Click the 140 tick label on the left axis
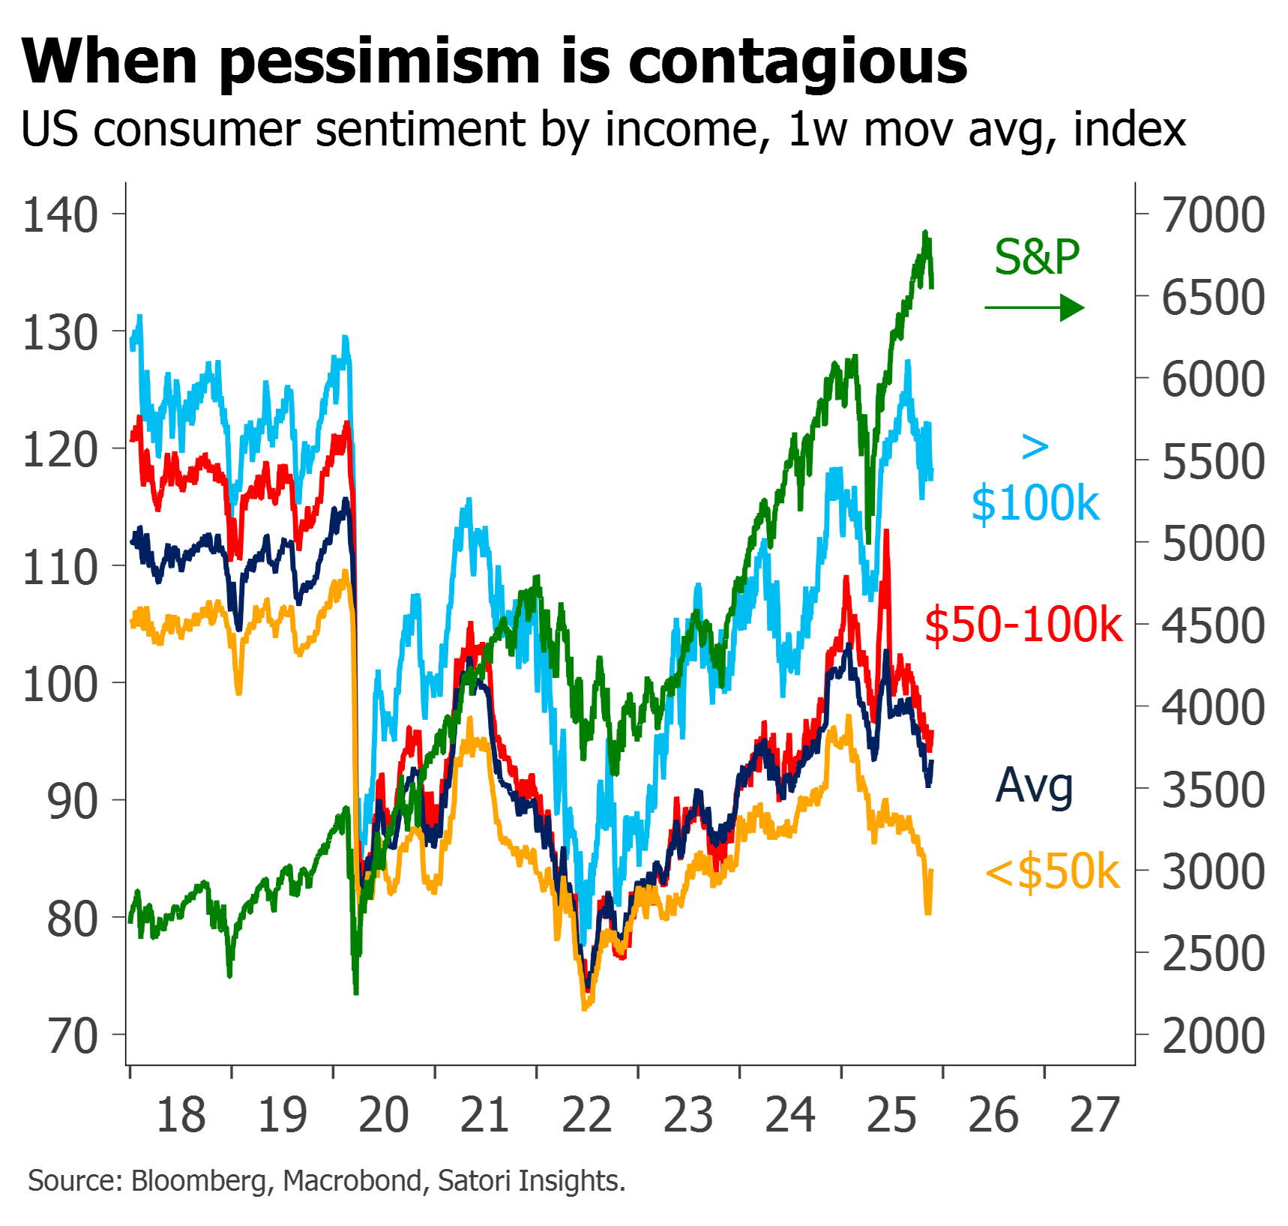tap(61, 216)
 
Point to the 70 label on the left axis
tap(73, 1037)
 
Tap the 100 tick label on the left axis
tap(61, 685)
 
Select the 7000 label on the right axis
tap(1213, 215)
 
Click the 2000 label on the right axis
tap(1213, 1036)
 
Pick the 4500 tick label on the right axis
tap(1213, 626)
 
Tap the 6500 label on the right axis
tap(1213, 298)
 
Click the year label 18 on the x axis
tap(181, 1115)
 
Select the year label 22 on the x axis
tap(587, 1115)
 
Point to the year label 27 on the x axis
tap(1095, 1115)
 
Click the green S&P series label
tap(1038, 256)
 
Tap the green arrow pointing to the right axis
tap(1035, 307)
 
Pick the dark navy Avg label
tap(1035, 787)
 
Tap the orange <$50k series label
tap(1053, 872)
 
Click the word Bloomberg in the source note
tap(199, 1181)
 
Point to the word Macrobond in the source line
tap(352, 1181)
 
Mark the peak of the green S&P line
tap(926, 232)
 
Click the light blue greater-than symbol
tap(1035, 448)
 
